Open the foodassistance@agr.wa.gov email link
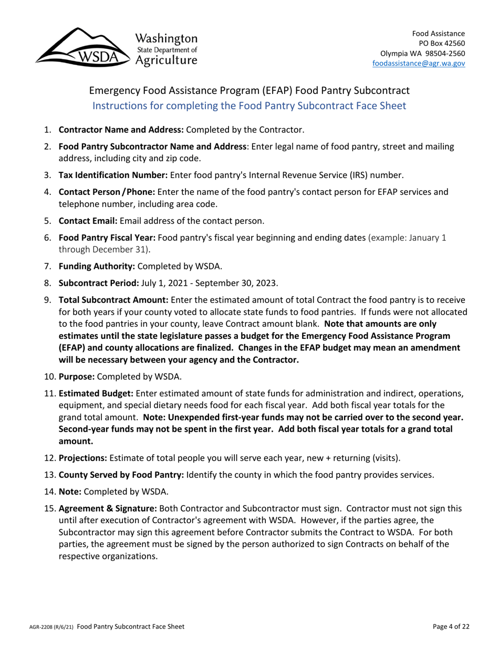tap(418, 62)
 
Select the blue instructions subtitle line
tap(249, 105)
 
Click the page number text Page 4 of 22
tap(448, 627)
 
